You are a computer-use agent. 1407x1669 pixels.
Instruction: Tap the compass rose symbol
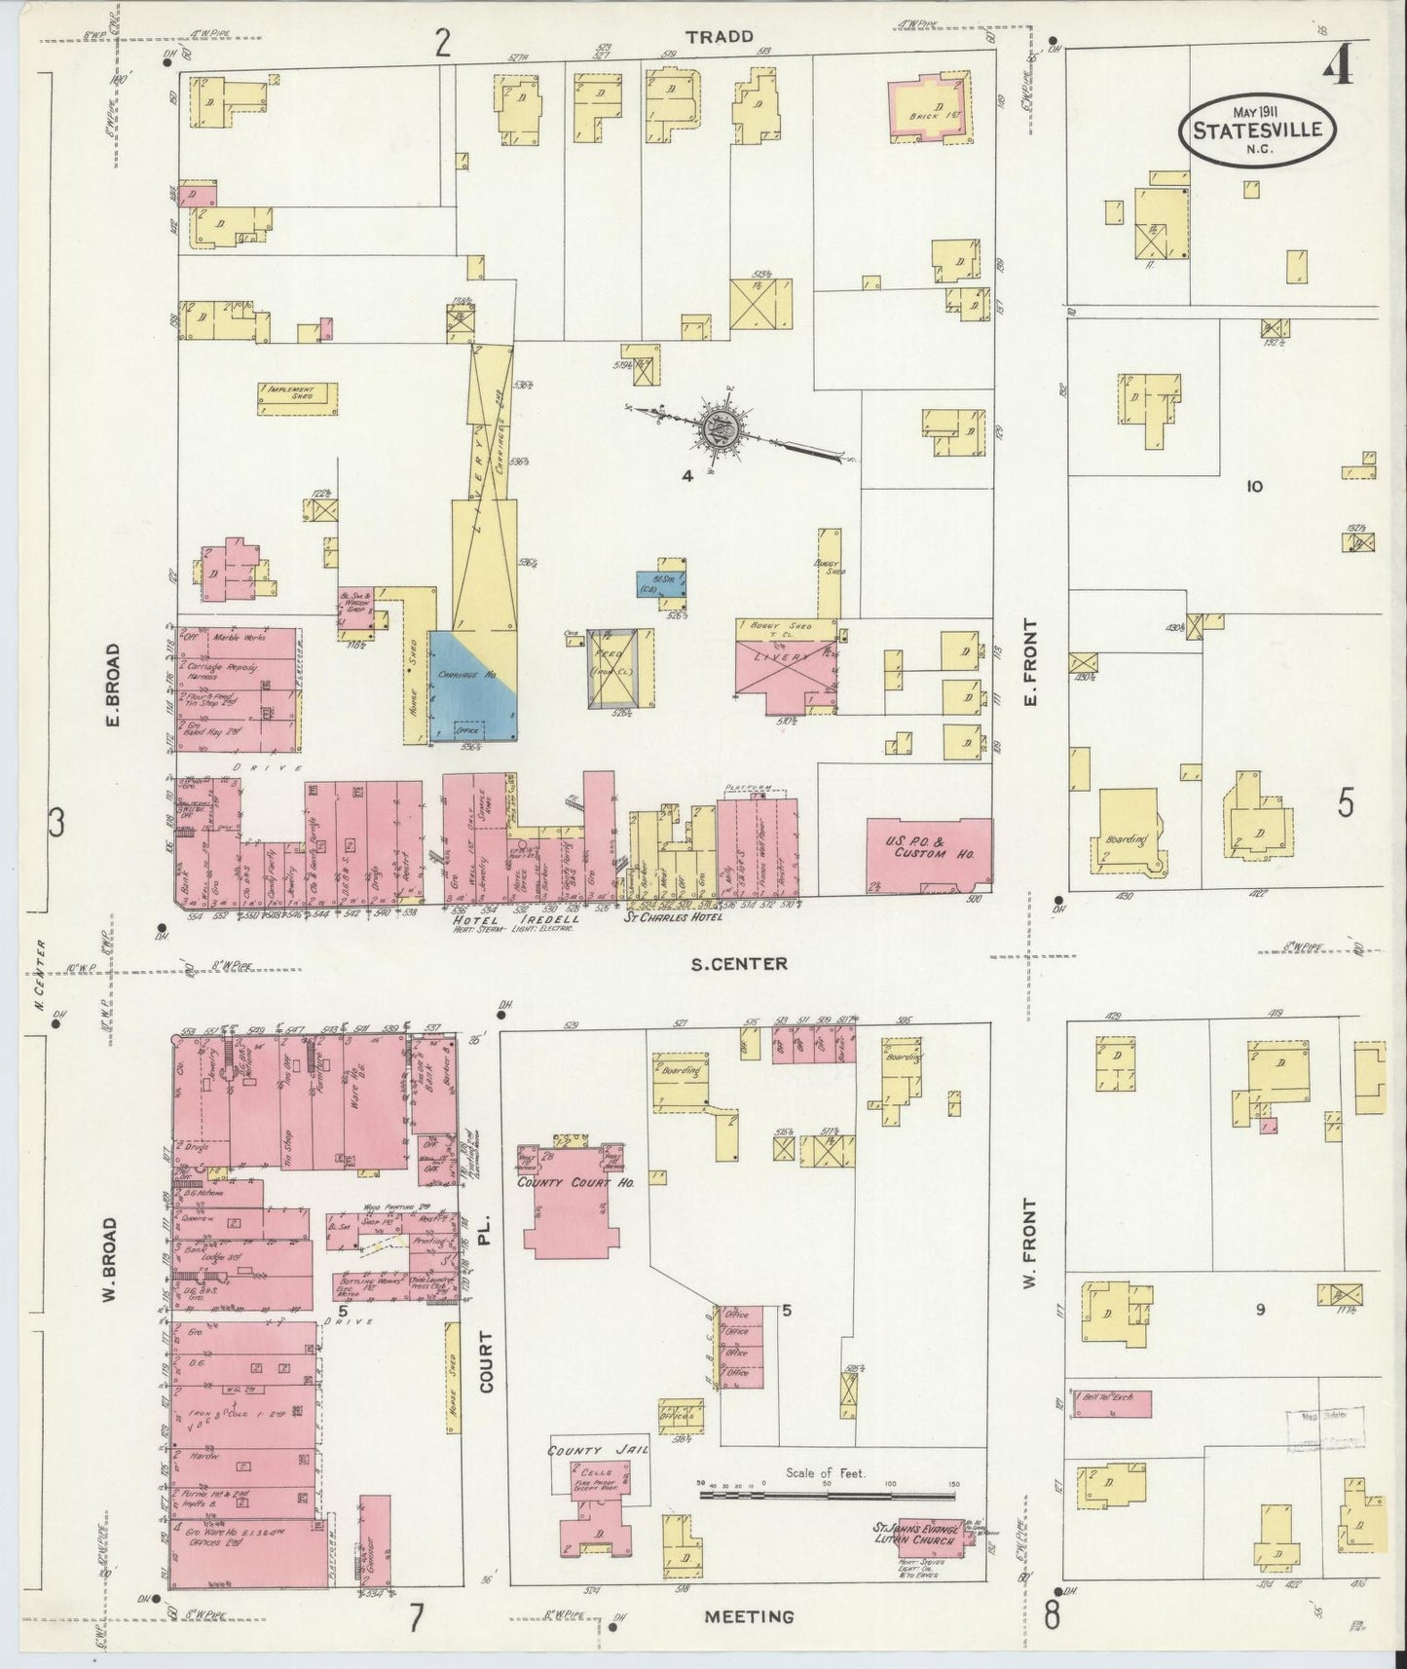coord(719,429)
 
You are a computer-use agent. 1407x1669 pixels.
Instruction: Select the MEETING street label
coord(750,1617)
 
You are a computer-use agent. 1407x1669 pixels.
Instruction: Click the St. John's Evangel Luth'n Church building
coord(929,1537)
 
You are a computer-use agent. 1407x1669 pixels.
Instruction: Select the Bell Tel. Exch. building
coord(1111,1402)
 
